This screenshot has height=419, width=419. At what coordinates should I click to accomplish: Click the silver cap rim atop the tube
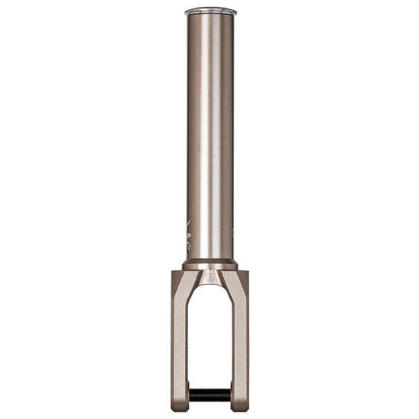(x=210, y=12)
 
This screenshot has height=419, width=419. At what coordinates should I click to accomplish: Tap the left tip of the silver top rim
(x=185, y=12)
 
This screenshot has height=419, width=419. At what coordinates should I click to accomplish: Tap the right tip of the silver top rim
(x=235, y=12)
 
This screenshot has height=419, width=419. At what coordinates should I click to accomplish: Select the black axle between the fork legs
(x=210, y=395)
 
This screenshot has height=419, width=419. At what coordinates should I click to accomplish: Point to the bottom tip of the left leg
(x=181, y=408)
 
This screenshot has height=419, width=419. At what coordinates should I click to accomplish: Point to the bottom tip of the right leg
(x=240, y=408)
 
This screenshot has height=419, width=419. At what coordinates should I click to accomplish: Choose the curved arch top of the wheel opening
(x=210, y=289)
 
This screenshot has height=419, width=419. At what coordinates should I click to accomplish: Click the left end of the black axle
(x=191, y=395)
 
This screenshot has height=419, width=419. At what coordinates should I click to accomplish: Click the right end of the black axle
(x=229, y=395)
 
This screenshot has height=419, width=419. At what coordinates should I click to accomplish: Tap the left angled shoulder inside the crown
(x=196, y=283)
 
